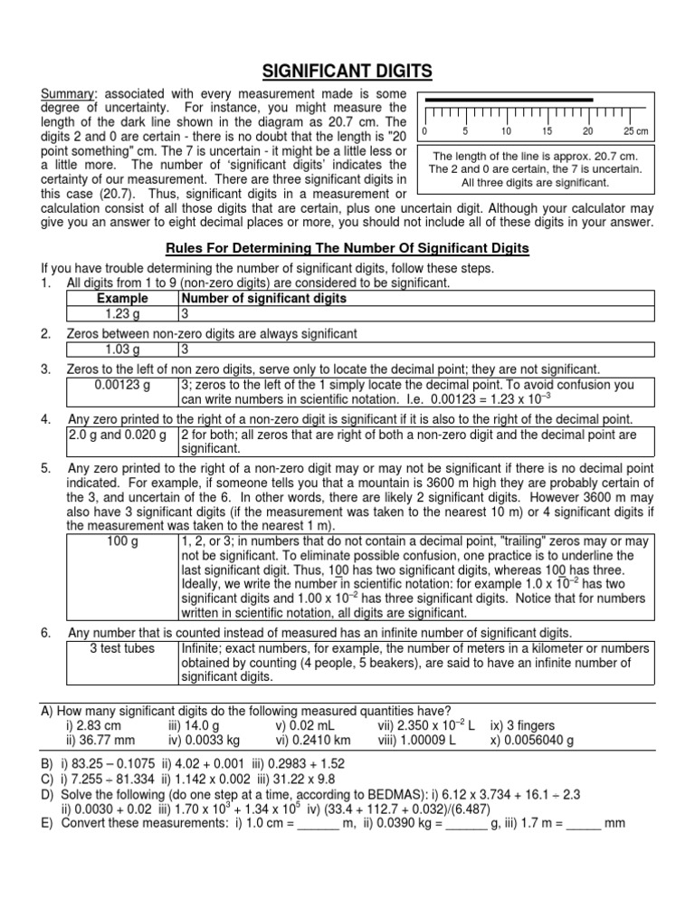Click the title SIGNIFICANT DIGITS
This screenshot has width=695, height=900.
click(x=347, y=71)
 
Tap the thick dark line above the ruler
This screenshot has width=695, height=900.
click(x=509, y=99)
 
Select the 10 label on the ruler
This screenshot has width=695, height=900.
click(x=509, y=131)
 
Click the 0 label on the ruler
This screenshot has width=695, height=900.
click(x=424, y=131)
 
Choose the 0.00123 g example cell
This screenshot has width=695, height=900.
click(x=122, y=384)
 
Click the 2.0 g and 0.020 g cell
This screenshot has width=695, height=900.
click(x=122, y=434)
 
